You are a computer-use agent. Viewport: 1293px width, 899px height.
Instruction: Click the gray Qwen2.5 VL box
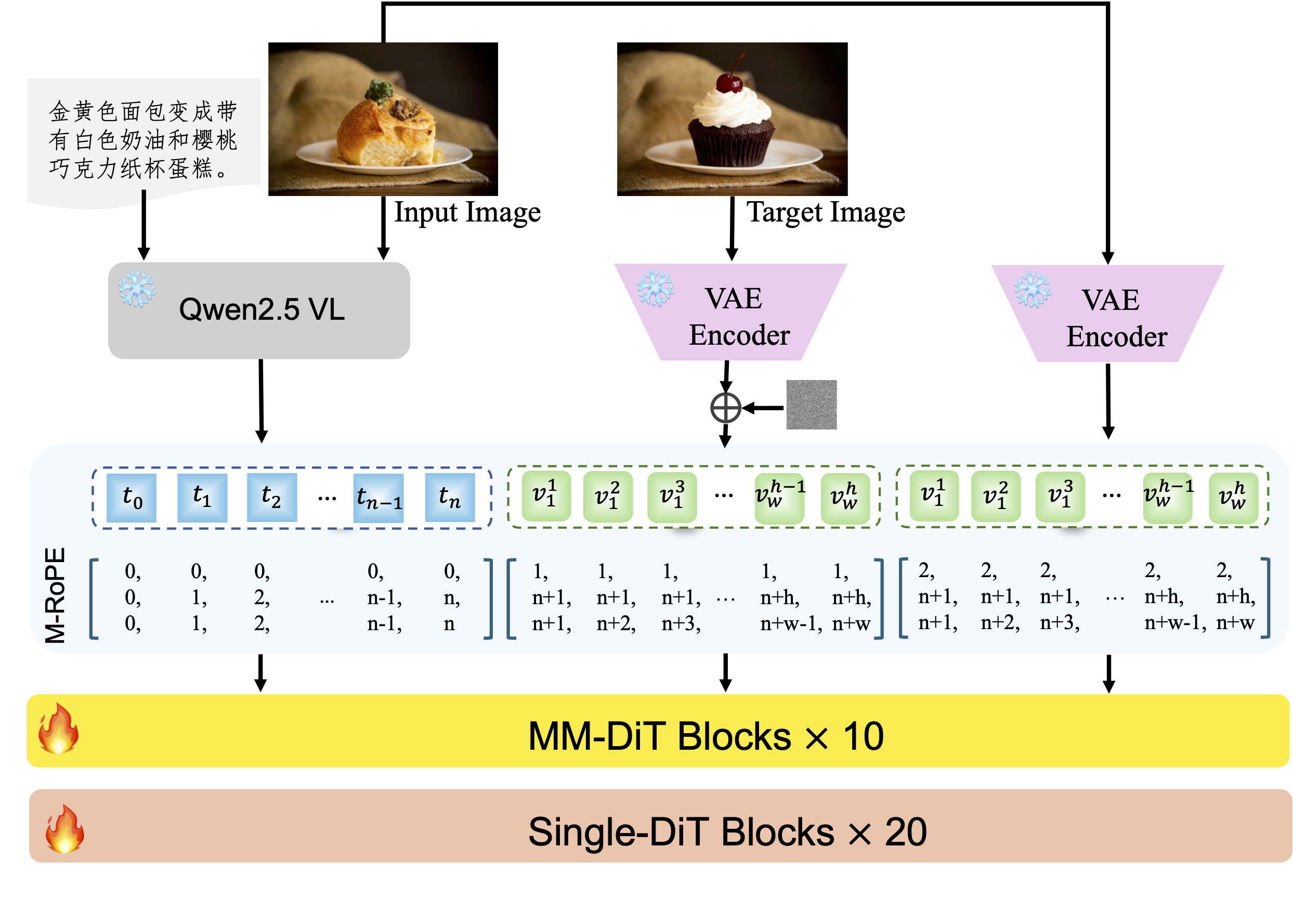259,310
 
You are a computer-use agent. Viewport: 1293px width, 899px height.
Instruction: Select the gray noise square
811,405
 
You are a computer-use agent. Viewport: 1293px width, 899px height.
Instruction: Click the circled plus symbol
725,408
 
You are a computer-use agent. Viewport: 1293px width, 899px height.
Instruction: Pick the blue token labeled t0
132,498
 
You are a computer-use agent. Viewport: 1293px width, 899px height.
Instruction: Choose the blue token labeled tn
449,498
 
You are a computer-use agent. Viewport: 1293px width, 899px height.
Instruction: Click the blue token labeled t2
271,498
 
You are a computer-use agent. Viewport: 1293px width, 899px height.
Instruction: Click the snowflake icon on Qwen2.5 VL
137,290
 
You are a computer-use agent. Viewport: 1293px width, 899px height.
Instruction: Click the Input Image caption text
467,213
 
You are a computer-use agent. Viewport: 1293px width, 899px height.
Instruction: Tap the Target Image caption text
825,213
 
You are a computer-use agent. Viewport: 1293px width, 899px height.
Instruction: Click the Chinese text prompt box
143,140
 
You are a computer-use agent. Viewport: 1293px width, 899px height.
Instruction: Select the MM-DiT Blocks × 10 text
706,736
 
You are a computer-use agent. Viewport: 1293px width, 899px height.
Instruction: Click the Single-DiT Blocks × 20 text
727,832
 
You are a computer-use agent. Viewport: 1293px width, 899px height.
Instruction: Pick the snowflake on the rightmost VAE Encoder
1031,290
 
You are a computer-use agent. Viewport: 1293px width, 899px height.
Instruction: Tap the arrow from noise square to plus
764,408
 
